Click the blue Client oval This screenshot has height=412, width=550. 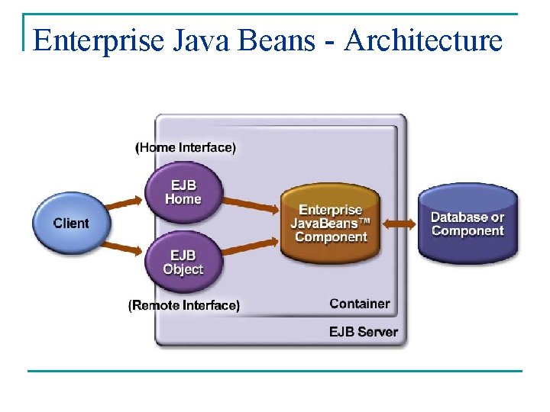(71, 223)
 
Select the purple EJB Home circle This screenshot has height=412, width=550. (183, 192)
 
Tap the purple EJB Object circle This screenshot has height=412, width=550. (183, 262)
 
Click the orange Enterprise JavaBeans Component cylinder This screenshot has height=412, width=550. (332, 223)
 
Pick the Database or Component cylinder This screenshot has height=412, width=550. (467, 224)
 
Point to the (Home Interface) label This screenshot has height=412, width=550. (186, 147)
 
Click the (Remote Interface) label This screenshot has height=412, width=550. (184, 305)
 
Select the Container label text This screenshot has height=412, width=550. (359, 304)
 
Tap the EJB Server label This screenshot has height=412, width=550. (363, 332)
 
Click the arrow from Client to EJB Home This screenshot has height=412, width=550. (125, 204)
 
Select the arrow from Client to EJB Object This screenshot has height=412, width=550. (125, 244)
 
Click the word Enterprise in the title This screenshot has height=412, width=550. (98, 40)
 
